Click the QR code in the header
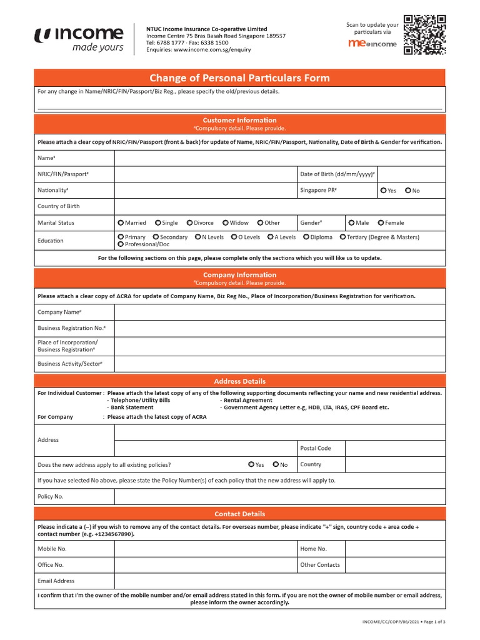coord(424,34)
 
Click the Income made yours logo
coord(79,38)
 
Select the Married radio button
coord(121,223)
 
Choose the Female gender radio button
coord(380,223)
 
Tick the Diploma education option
coord(306,237)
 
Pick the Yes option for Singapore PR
coord(382,191)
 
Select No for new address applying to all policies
coord(276,465)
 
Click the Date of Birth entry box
coord(411,174)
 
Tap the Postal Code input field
coord(395,448)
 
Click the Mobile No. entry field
coord(206,549)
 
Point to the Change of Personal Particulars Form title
coord(239,78)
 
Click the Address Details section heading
coord(239,381)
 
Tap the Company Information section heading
coord(239,275)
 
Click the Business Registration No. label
coord(71,328)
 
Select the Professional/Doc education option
coord(121,244)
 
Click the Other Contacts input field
coord(395,565)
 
